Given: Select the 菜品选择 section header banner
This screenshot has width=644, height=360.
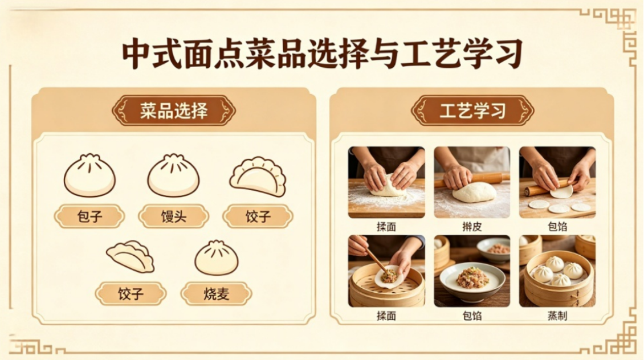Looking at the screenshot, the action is [174, 111].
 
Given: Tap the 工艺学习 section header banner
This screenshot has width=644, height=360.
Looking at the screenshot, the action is [472, 111].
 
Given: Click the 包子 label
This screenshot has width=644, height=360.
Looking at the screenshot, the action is [89, 216].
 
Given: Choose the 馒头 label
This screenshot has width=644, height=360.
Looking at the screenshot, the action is [174, 216].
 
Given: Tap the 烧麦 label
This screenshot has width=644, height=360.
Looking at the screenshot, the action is [217, 293].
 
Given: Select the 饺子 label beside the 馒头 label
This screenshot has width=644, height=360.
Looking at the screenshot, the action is [258, 216].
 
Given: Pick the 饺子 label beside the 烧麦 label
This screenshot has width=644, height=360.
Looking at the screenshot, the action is [131, 293].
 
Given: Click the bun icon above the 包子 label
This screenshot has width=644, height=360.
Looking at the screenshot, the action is [89, 175].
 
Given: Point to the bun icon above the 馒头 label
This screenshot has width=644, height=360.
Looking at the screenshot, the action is [173, 175].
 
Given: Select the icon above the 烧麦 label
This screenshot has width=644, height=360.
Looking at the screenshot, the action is [217, 258].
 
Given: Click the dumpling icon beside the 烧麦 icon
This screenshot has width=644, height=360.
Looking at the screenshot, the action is [131, 257].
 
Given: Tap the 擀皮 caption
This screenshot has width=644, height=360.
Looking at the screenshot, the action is [472, 226].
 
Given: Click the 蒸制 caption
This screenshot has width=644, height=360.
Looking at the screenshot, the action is [557, 315].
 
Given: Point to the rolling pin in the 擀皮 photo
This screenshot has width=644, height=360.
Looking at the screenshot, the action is [472, 179].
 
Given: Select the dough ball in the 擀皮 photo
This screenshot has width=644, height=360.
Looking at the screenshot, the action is [474, 192].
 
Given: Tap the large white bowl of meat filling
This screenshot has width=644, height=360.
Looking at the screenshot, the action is [472, 281].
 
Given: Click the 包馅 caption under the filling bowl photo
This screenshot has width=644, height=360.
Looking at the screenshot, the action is [472, 315].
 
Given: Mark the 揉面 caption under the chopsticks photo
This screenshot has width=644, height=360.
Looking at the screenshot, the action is [386, 315].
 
